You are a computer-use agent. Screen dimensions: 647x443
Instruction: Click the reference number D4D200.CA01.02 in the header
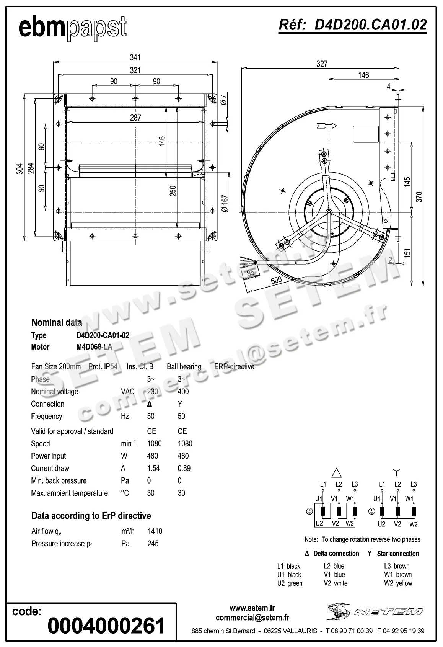[x=352, y=25]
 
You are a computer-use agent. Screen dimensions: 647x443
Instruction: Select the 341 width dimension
[x=135, y=57]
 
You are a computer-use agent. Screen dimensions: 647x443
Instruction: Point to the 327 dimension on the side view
[x=322, y=64]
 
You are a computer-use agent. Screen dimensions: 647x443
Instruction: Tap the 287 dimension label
[x=135, y=118]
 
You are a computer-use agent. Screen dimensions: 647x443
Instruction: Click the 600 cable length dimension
[x=276, y=280]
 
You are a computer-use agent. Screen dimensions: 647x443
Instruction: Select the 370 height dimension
[x=419, y=197]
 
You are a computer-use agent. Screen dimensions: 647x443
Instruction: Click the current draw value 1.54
[x=153, y=468]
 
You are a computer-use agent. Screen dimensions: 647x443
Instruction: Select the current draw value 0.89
[x=184, y=468]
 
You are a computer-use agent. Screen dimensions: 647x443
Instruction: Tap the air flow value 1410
[x=155, y=531]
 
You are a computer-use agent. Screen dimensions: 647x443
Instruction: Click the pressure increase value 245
[x=153, y=543]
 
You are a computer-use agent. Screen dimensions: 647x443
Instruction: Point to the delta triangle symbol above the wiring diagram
[x=336, y=473]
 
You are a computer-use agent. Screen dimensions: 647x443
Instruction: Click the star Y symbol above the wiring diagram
[x=397, y=472]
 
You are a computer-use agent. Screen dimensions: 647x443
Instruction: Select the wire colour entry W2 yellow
[x=398, y=583]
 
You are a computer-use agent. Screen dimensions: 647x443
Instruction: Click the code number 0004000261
[x=106, y=626]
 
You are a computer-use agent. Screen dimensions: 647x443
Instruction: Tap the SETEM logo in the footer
[x=375, y=611]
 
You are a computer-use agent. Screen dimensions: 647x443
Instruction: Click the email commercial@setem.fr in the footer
[x=252, y=617]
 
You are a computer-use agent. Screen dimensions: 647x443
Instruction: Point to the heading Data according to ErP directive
[x=91, y=516]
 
